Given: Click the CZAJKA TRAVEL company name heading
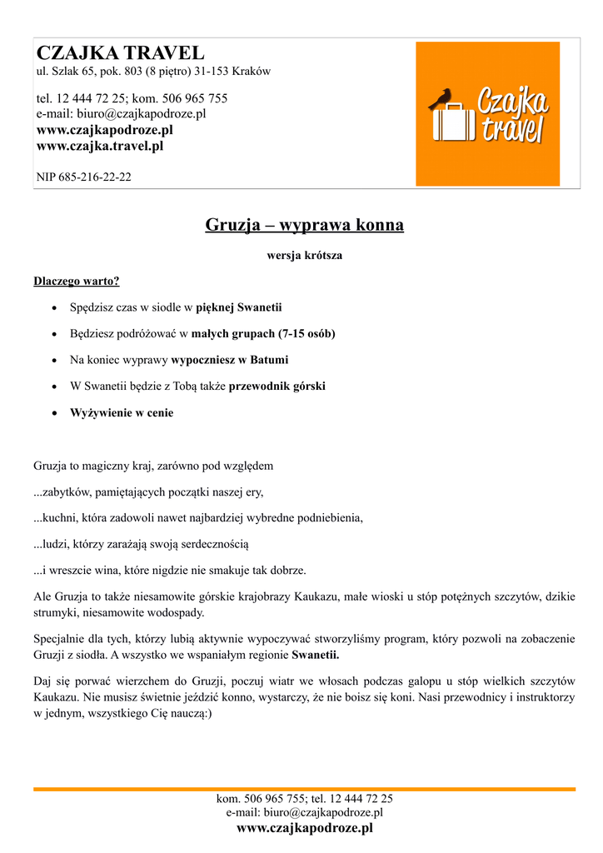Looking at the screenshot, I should tap(120, 53).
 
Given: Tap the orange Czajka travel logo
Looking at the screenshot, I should tap(487, 114).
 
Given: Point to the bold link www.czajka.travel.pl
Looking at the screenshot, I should tap(99, 146).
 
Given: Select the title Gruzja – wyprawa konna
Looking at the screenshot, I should tap(304, 225).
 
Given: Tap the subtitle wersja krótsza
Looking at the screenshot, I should tap(304, 256).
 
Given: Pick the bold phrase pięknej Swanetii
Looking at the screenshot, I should tap(239, 307).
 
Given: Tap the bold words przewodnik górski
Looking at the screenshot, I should tap(277, 387).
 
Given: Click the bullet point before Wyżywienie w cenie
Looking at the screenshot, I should tap(54, 413).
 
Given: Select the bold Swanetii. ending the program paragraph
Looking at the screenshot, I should tap(316, 655).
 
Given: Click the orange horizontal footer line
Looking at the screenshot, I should tap(304, 788).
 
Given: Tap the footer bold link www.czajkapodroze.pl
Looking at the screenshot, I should tap(304, 828).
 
